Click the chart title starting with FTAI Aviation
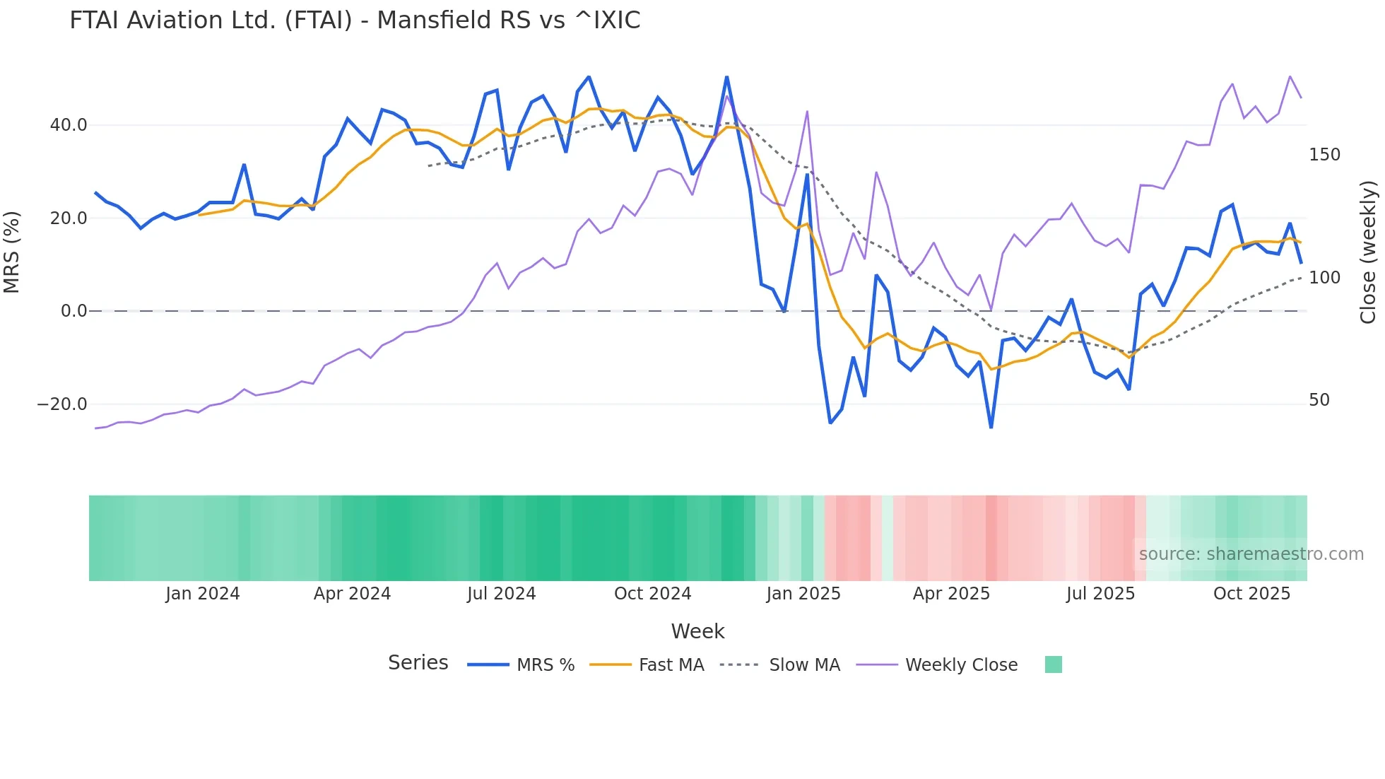click(355, 20)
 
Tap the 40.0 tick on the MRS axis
click(69, 125)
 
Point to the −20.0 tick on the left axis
click(62, 404)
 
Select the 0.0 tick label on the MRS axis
click(73, 311)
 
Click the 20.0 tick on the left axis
click(69, 218)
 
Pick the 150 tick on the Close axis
click(1324, 155)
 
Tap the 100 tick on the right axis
click(1324, 278)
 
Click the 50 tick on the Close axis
click(1319, 400)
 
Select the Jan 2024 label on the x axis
click(203, 594)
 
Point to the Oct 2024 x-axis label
click(652, 594)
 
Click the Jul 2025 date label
click(1100, 594)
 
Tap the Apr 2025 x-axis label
click(951, 594)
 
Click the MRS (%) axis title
click(12, 252)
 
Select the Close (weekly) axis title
click(1369, 252)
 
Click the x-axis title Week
click(697, 631)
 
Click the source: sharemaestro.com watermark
click(1251, 554)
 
